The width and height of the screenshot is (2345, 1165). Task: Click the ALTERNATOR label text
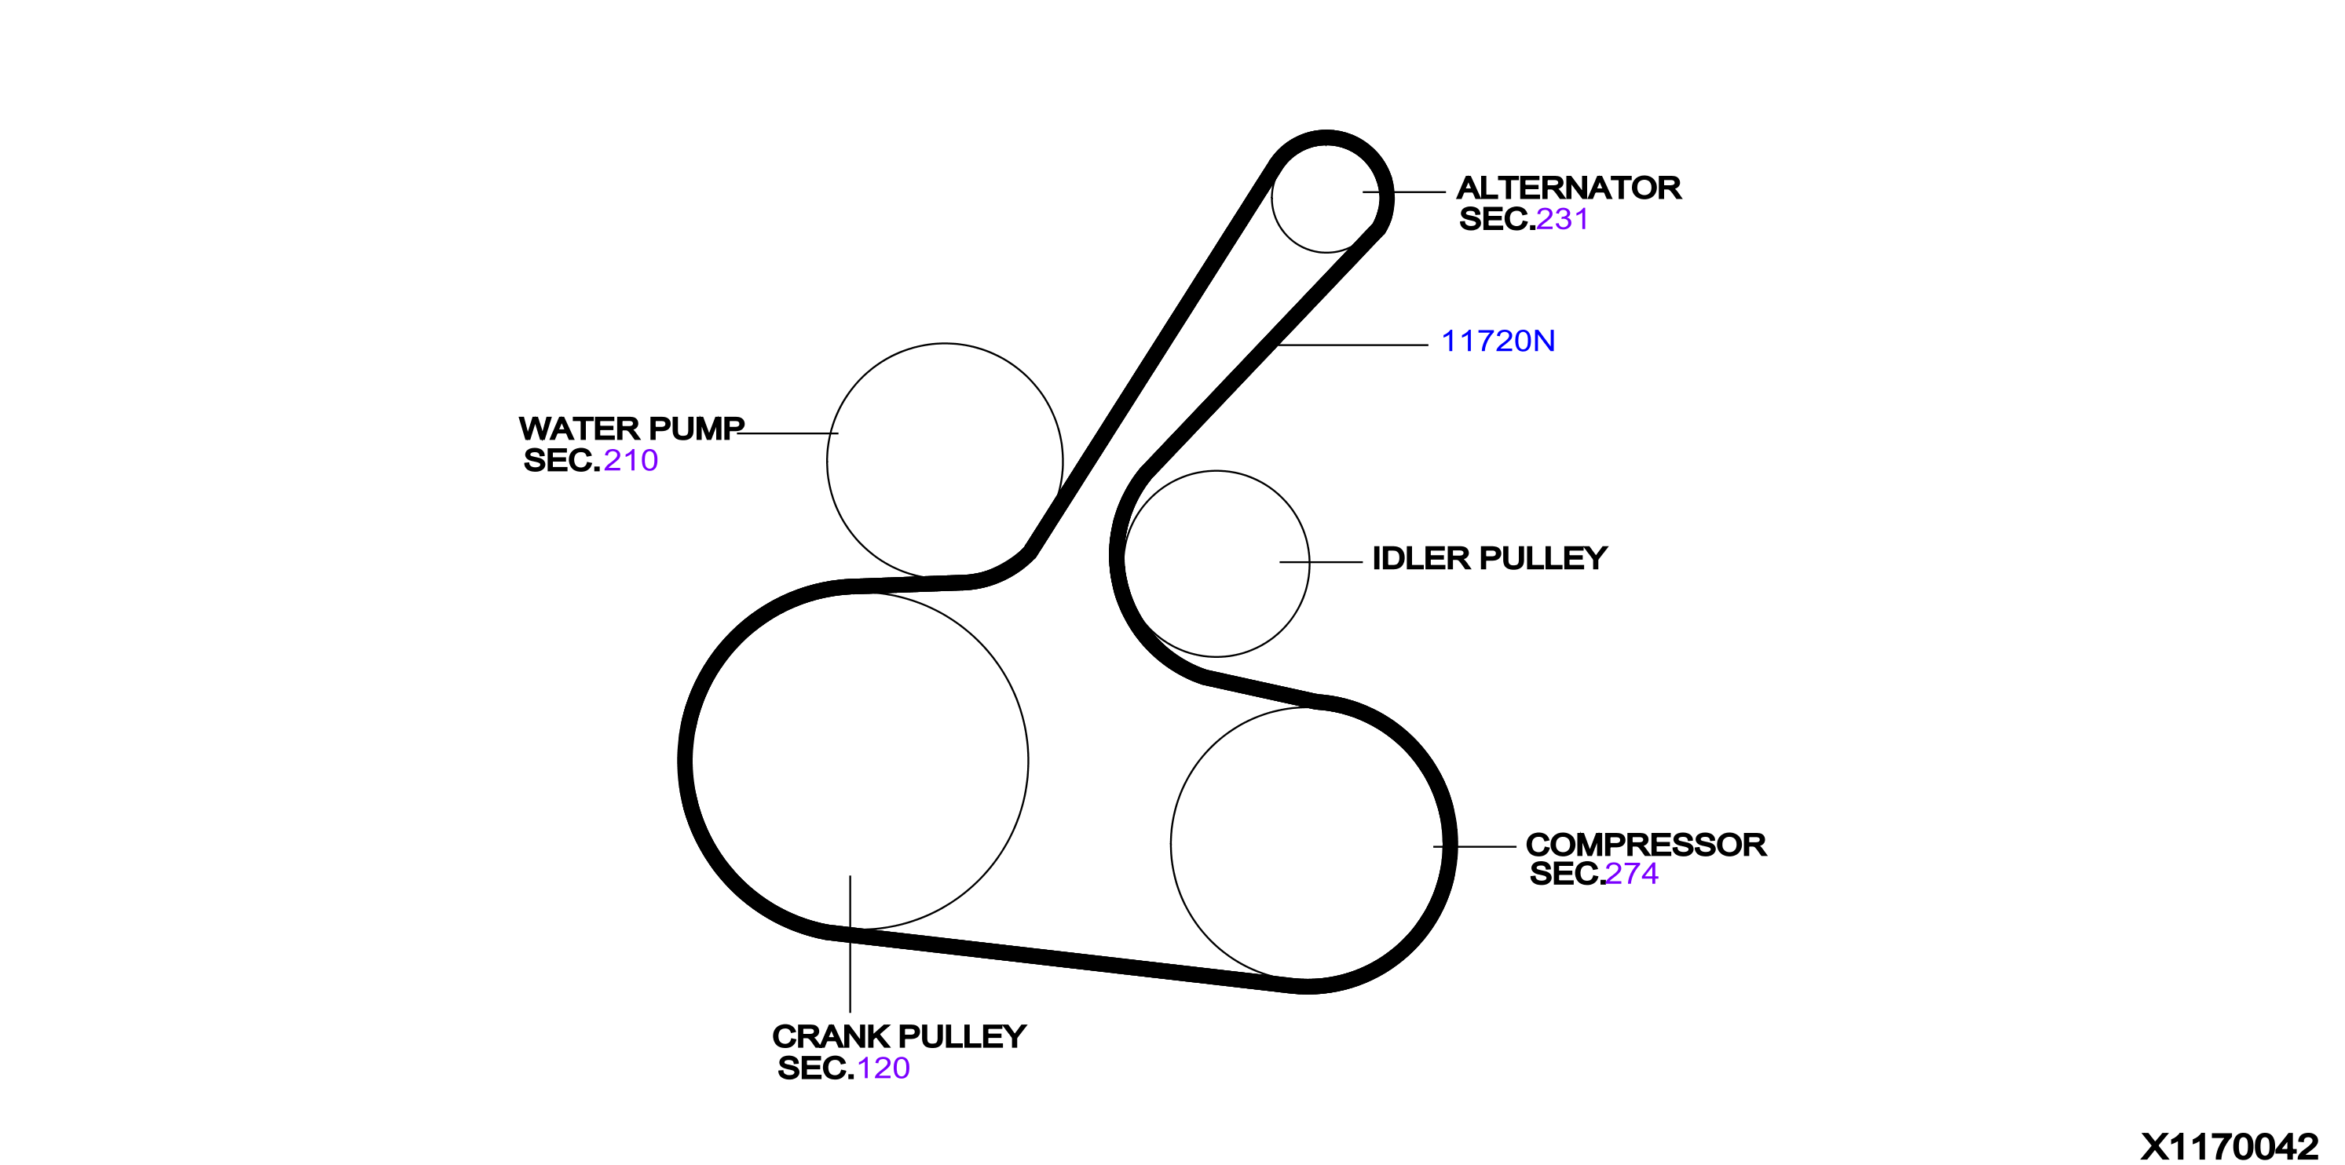click(x=1568, y=188)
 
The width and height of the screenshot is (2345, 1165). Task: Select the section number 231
click(x=1562, y=219)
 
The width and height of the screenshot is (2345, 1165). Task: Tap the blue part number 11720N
click(x=1498, y=341)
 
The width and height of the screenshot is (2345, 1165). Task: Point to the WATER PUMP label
click(x=631, y=429)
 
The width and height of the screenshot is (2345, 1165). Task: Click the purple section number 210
click(x=631, y=461)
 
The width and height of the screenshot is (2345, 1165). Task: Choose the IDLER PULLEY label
click(x=1489, y=558)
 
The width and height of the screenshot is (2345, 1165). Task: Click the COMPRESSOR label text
click(x=1646, y=845)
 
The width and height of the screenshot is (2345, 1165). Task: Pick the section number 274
click(x=1631, y=874)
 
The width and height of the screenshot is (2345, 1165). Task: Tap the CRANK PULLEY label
click(x=899, y=1037)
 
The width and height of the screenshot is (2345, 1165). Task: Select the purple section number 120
click(x=883, y=1068)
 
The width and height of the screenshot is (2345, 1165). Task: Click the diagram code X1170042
click(x=2230, y=1147)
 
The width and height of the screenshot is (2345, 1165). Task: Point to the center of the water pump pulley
click(x=945, y=462)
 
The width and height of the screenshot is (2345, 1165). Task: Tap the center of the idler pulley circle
click(x=1216, y=564)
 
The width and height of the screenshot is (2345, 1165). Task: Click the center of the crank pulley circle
click(x=860, y=761)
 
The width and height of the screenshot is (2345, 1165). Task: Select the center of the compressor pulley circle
click(x=1308, y=845)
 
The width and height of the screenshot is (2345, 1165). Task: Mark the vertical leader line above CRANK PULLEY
click(x=851, y=944)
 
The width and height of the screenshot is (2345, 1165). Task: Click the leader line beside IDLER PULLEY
click(x=1321, y=562)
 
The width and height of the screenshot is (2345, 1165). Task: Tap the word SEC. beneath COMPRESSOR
click(x=1567, y=874)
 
